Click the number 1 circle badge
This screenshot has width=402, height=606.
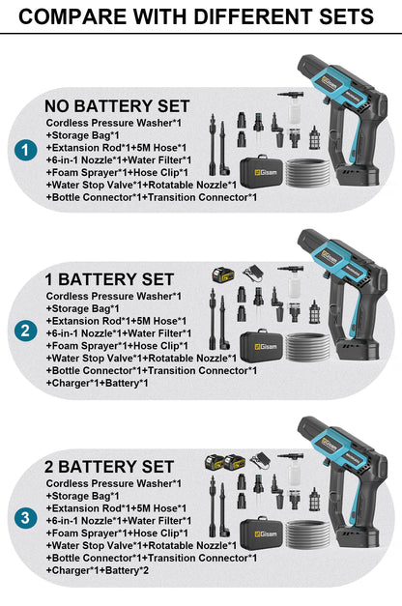click(25, 151)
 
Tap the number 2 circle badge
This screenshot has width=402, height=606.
click(25, 332)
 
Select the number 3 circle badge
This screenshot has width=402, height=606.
click(25, 518)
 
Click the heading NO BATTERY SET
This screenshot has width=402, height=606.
click(117, 106)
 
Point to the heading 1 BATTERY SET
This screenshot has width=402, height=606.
click(109, 279)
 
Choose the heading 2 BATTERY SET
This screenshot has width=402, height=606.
click(109, 467)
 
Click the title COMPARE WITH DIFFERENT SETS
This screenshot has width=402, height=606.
click(196, 16)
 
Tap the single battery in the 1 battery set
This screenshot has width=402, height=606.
click(223, 274)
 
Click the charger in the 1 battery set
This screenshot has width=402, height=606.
click(253, 273)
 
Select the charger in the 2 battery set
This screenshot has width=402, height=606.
click(260, 460)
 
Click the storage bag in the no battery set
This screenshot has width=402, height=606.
click(262, 170)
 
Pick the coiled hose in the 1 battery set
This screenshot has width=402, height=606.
click(307, 346)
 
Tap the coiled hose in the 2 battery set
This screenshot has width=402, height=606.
click(307, 534)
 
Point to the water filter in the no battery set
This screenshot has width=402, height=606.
click(315, 138)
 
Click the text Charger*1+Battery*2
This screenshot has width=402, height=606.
click(97, 570)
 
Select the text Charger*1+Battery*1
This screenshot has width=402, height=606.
click(97, 383)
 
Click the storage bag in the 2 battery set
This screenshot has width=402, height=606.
click(262, 533)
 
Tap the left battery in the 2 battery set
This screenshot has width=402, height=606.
click(215, 462)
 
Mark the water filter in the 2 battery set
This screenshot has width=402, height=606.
click(315, 500)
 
